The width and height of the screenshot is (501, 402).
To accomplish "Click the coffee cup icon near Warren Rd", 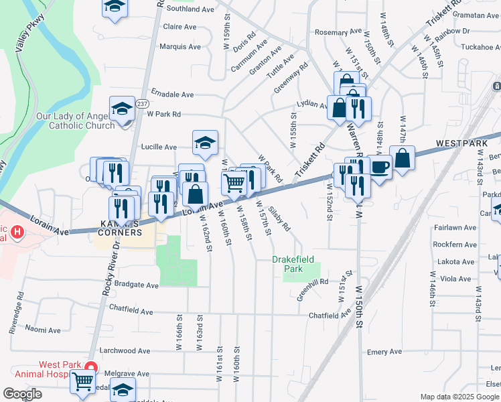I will [379, 167].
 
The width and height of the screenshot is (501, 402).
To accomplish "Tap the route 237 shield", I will [143, 104].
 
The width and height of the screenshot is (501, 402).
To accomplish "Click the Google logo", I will [22, 393].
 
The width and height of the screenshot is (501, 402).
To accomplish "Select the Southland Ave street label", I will [190, 9].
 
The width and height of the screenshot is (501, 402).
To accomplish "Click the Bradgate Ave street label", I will [136, 285].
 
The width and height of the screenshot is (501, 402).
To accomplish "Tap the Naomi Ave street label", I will [44, 330].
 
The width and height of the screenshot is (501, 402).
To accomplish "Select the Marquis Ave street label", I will [180, 47].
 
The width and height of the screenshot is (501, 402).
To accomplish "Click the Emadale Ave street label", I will [172, 94].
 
